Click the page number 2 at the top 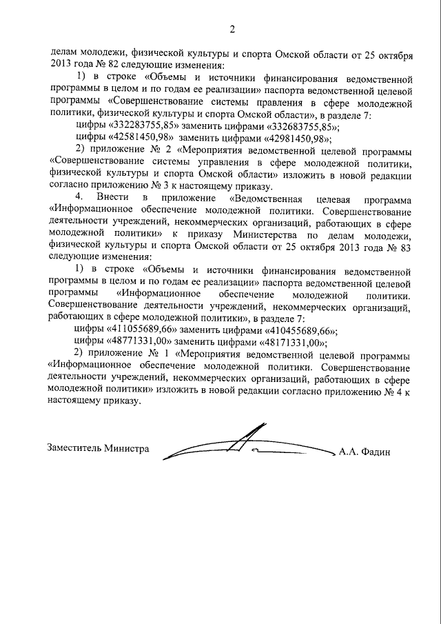tap(232, 29)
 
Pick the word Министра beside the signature tap(127, 447)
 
